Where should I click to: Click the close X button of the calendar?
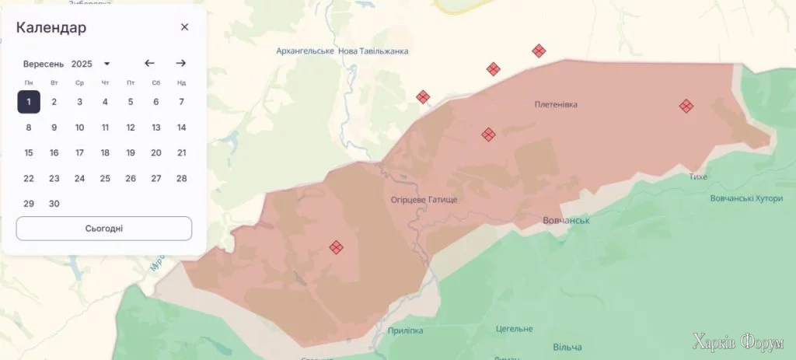click(184, 27)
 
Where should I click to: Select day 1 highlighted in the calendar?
click(29, 101)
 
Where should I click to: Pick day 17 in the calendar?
click(79, 152)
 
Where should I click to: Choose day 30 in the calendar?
click(54, 204)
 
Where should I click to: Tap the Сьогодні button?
click(104, 229)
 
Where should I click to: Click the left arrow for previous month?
click(150, 63)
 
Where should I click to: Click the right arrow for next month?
click(180, 63)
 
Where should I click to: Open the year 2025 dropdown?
click(91, 64)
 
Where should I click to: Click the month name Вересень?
click(44, 64)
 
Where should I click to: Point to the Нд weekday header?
click(181, 82)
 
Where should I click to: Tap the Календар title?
click(51, 28)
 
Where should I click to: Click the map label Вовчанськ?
click(565, 221)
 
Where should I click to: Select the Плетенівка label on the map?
click(556, 104)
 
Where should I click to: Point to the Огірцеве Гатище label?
click(424, 200)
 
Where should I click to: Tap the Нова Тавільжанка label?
click(373, 51)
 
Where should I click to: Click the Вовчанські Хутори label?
click(746, 198)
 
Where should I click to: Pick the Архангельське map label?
click(305, 51)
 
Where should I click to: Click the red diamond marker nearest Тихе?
click(686, 106)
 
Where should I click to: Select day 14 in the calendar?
click(181, 128)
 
